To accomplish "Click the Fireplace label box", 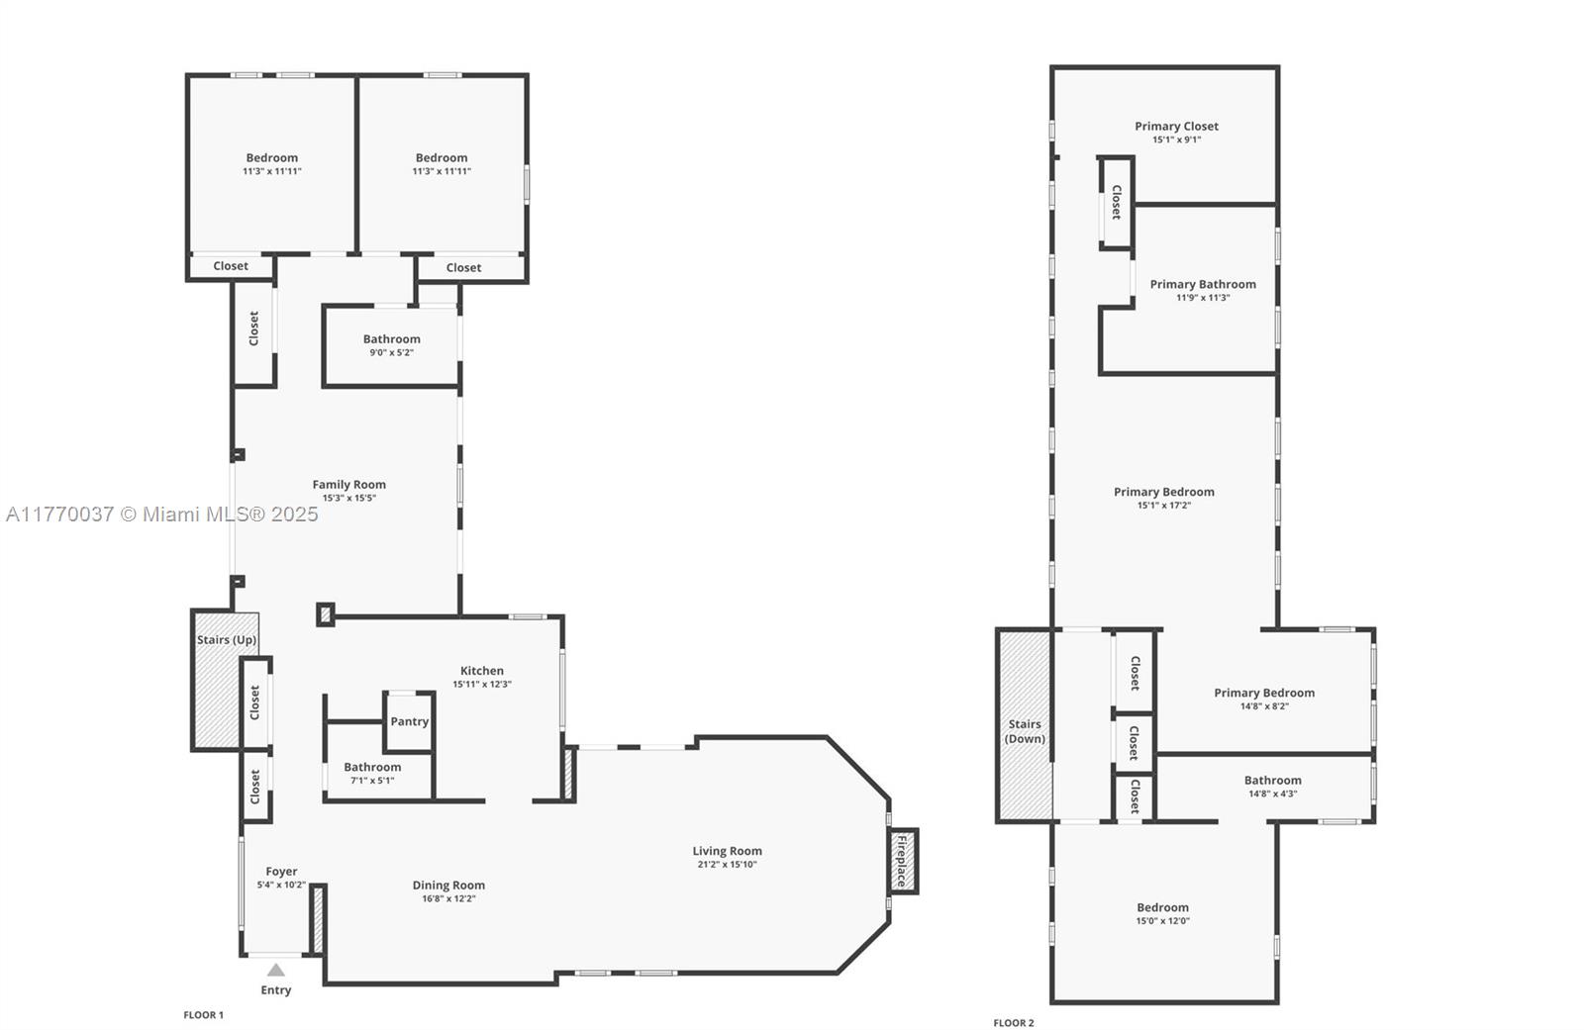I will coord(902,861).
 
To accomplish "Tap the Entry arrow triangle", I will coord(276,971).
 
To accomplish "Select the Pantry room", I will coord(409,721).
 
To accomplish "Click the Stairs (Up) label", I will coord(227,640).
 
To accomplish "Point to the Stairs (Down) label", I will coord(1025,731).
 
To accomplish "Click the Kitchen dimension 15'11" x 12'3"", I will coord(482,685).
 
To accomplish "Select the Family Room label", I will coord(348,484).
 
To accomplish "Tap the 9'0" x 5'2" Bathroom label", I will coord(391,339).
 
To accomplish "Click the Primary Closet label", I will coord(1176,126).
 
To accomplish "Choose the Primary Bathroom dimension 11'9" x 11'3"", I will coord(1203,298).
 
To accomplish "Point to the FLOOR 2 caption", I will coord(1013,1023).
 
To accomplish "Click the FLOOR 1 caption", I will coord(203,1015).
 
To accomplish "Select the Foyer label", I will coord(281,872).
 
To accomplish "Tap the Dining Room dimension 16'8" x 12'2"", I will coord(448,899).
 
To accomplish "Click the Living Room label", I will coord(727,851).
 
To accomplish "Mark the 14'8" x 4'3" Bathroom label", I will coord(1272,781).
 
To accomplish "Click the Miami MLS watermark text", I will coord(162,515).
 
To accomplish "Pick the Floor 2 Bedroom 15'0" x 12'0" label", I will coord(1162,907).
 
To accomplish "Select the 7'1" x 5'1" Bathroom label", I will coord(372,767).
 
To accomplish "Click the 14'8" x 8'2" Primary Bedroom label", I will coord(1264,693).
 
